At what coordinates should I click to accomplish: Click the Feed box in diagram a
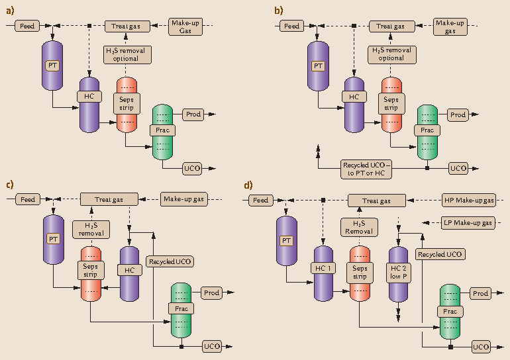(28, 26)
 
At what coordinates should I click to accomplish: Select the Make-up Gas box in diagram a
(185, 26)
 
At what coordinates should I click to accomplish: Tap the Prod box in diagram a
(193, 114)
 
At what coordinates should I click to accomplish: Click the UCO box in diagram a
(192, 168)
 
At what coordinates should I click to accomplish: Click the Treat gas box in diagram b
(390, 26)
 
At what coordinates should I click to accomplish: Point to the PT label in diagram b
(319, 66)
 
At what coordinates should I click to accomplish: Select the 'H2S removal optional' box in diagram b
(391, 54)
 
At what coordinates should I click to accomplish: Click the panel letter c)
(10, 185)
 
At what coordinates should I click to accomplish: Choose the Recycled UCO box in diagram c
(170, 261)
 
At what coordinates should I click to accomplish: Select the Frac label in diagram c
(180, 308)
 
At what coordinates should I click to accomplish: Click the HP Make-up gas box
(468, 200)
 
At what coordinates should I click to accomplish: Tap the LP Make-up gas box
(468, 223)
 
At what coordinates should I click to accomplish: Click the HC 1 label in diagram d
(323, 267)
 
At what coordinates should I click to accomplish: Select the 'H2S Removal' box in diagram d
(358, 227)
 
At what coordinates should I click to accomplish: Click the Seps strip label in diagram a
(126, 103)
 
